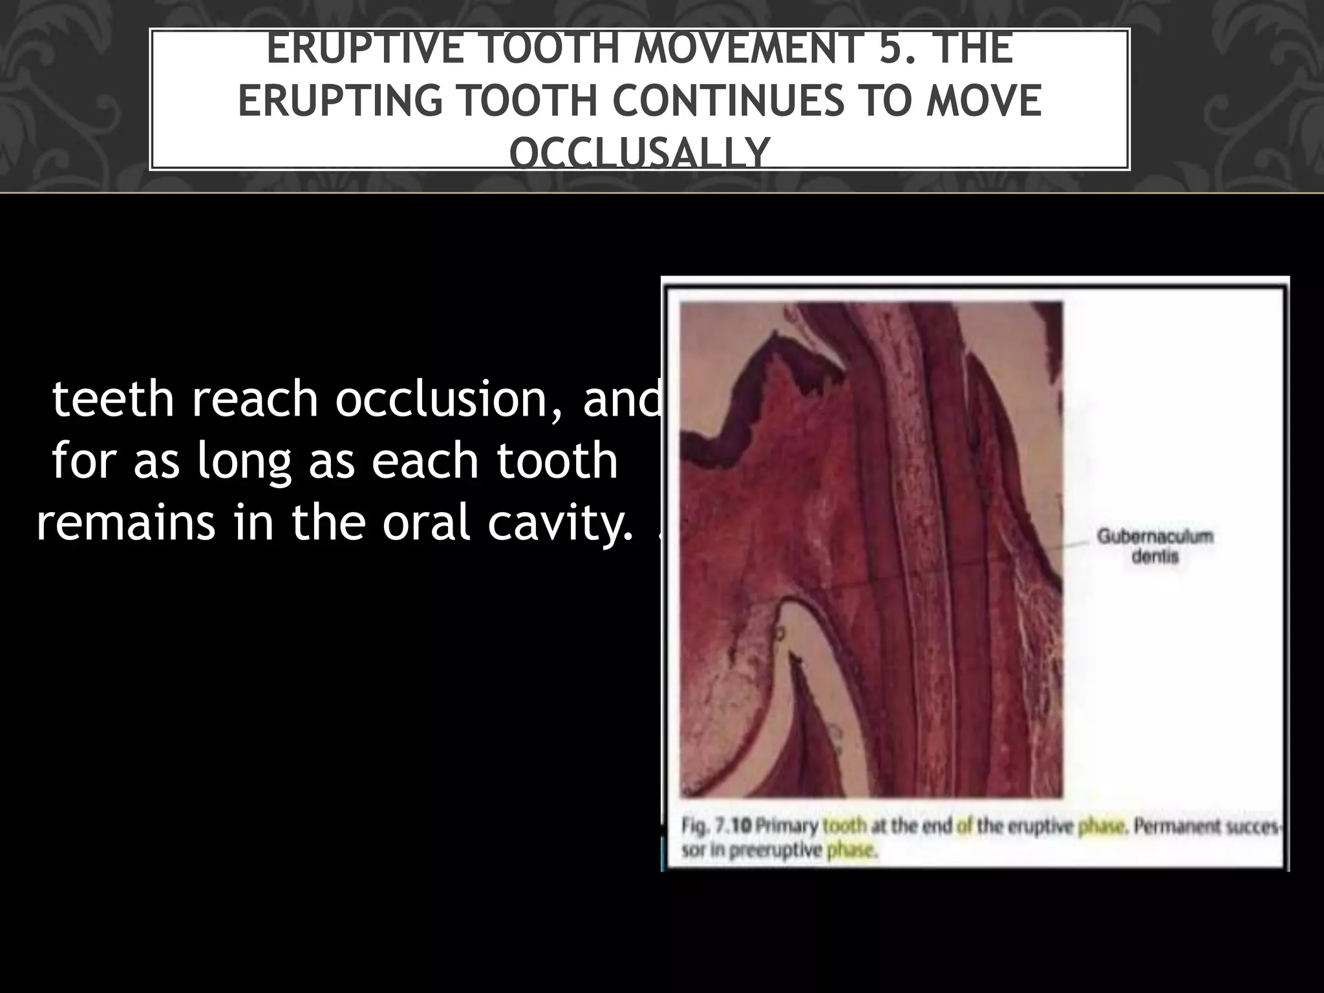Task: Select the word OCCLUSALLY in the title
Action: [x=639, y=153]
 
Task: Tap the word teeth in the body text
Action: [x=113, y=399]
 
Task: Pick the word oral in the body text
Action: [x=427, y=523]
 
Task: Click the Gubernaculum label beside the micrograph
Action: [x=1155, y=537]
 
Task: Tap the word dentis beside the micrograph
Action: [x=1155, y=557]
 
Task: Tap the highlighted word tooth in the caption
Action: [x=845, y=827]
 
